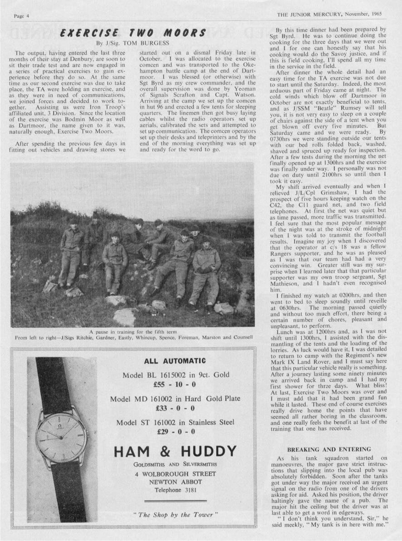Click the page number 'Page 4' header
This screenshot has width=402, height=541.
21,15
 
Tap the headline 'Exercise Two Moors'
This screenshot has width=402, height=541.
133,33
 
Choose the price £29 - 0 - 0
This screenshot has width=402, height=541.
175,431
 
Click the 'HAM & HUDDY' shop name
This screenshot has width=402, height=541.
175,452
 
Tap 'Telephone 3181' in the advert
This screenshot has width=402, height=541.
175,490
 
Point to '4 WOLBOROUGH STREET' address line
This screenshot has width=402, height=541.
175,474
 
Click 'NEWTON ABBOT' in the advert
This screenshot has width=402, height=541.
175,482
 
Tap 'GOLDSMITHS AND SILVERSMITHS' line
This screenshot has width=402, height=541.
175,464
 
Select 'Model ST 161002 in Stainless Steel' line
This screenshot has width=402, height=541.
175,422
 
